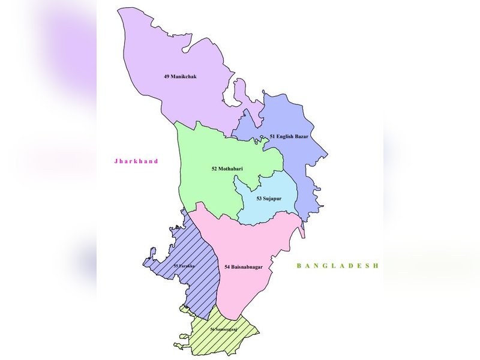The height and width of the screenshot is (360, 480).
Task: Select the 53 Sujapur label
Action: click(269, 199)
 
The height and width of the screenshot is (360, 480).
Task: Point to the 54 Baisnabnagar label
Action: click(243, 266)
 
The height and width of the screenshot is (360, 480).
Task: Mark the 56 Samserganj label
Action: click(224, 330)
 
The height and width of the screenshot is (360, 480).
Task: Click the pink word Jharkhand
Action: click(136, 161)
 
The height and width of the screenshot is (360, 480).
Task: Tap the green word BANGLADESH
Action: click(338, 265)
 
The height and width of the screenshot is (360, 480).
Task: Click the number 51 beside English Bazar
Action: click(273, 137)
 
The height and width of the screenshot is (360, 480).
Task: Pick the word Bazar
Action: click(301, 137)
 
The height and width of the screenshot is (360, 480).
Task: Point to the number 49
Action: click(166, 77)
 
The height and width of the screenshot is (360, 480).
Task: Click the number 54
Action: click(227, 266)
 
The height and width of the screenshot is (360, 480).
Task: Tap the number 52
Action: click(215, 169)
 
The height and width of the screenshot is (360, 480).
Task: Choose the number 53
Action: click(259, 199)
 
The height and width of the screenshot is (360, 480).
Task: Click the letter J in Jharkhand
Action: click(116, 161)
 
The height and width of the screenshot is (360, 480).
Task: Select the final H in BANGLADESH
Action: click(376, 265)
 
